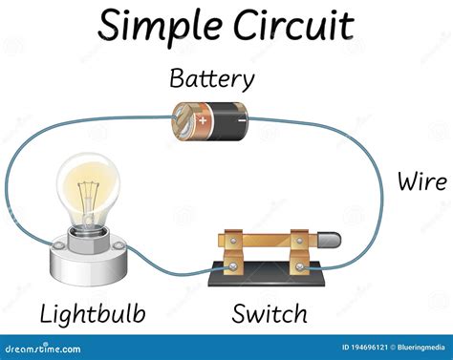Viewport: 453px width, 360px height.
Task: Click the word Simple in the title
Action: click(x=157, y=26)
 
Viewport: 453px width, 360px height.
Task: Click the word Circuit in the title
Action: click(x=291, y=26)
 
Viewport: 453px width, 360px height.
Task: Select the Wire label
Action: click(x=422, y=180)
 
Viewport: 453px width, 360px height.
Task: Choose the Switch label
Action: click(x=270, y=312)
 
